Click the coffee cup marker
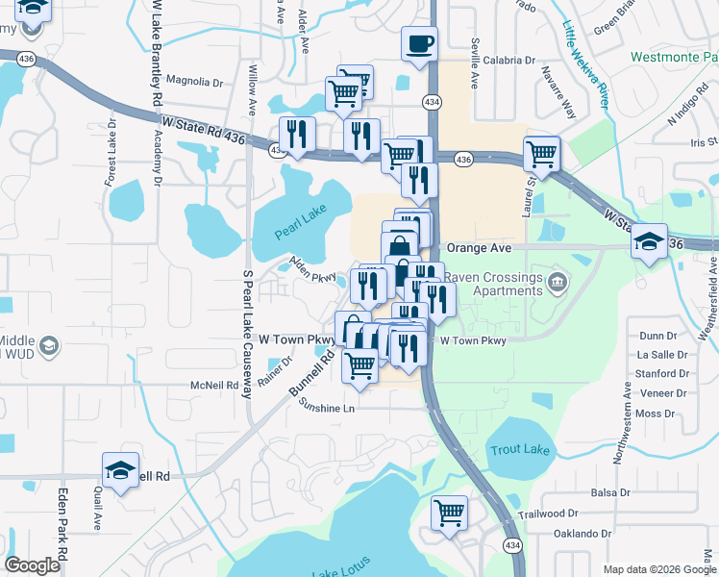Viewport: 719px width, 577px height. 419,43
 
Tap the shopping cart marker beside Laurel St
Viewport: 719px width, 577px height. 542,153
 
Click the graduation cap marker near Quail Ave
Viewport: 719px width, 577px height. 120,470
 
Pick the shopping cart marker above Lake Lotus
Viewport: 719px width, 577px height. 449,512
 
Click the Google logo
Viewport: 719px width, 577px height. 32,565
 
